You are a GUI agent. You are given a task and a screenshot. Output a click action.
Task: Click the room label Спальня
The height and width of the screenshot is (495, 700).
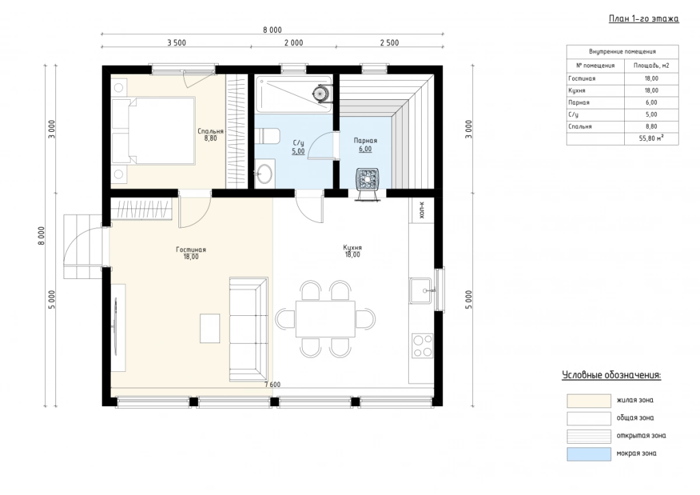pos(211,131)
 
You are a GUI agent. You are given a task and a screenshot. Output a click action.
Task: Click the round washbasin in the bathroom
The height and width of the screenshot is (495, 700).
pos(265,174)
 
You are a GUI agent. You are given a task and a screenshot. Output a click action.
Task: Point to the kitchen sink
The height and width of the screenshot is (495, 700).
pos(421,291)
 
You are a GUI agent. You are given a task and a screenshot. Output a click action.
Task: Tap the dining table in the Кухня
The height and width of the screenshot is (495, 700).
pos(325,319)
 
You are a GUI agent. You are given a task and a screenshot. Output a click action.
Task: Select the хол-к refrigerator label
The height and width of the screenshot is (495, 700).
pos(422,210)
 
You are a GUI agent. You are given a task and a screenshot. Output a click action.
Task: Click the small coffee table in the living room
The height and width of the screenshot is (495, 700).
pos(210,328)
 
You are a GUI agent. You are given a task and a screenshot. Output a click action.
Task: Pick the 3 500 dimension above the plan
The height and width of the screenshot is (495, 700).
pos(176,43)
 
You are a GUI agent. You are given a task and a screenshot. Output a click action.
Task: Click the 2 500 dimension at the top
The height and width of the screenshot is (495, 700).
pos(389,43)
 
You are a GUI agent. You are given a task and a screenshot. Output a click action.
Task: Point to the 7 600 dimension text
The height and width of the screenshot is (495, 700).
pos(272,384)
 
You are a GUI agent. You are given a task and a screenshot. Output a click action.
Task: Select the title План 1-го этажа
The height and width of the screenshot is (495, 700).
pos(644,18)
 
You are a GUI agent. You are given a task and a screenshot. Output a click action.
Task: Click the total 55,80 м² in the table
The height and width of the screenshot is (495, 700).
pos(651,138)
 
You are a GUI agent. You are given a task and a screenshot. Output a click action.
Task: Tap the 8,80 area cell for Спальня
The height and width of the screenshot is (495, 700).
pos(651,126)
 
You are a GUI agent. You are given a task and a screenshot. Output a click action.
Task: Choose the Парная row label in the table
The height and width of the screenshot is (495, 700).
pos(578,103)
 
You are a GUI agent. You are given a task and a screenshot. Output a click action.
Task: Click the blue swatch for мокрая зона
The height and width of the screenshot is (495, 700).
pos(589,454)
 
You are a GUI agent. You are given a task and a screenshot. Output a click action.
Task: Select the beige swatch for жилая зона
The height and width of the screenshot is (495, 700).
pos(589,401)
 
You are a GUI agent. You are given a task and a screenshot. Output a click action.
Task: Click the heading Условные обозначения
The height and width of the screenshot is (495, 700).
pos(611,375)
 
